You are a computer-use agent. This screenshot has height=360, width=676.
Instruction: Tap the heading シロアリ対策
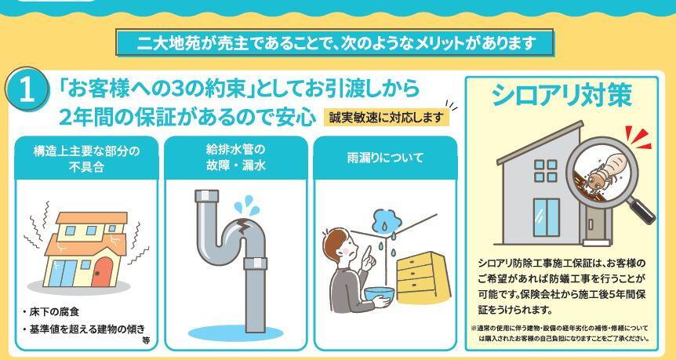pyautogui.click(x=562, y=95)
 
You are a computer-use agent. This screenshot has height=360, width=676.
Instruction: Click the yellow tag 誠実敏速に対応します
pyautogui.click(x=387, y=118)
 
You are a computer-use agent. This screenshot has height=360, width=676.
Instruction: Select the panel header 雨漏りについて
pyautogui.click(x=385, y=158)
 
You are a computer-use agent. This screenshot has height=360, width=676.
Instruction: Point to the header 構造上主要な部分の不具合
pyautogui.click(x=86, y=158)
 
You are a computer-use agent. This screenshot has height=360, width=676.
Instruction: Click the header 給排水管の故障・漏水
pyautogui.click(x=236, y=158)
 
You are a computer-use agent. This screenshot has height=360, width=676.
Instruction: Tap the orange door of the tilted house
pyautogui.click(x=102, y=271)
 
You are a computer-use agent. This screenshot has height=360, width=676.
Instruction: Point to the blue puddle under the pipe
pyautogui.click(x=236, y=333)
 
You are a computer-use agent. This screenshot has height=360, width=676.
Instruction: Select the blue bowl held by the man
pyautogui.click(x=380, y=293)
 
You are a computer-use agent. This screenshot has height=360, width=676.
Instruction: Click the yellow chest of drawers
pyautogui.click(x=423, y=277)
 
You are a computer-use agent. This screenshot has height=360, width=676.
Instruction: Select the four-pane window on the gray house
pyautogui.click(x=546, y=171)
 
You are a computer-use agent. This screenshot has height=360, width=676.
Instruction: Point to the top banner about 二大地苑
pyautogui.click(x=335, y=42)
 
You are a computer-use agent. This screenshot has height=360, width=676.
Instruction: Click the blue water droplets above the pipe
pyautogui.click(x=247, y=205)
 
